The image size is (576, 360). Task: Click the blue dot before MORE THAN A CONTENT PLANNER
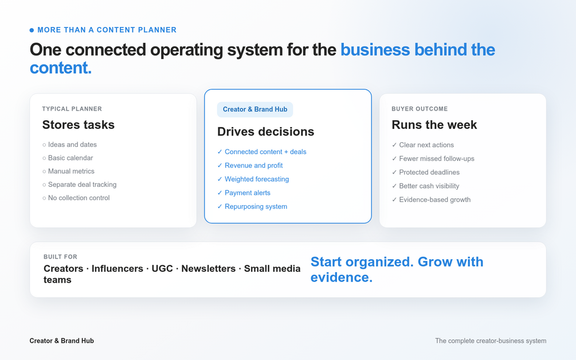[x=32, y=30]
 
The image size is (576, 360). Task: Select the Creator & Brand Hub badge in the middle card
[x=255, y=109]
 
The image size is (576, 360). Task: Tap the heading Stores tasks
[x=79, y=125]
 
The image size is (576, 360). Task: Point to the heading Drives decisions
[x=265, y=131]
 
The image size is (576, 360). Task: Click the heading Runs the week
[x=434, y=125]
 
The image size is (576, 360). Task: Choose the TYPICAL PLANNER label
[x=72, y=109]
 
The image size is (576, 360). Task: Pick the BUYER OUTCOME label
[x=420, y=109]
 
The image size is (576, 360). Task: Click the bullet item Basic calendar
[x=68, y=158]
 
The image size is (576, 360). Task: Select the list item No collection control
[x=76, y=198]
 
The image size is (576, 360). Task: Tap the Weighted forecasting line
[x=253, y=179]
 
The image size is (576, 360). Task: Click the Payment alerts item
[x=244, y=193]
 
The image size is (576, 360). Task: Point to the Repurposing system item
[x=252, y=206]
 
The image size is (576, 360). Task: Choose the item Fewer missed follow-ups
[x=433, y=159]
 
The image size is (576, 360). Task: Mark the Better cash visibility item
[x=425, y=186]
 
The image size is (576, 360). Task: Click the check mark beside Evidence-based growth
[x=394, y=200]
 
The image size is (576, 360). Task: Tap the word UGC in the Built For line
[x=162, y=268]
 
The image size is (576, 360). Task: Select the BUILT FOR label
[x=60, y=257]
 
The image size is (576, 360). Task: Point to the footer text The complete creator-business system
[x=491, y=341]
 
